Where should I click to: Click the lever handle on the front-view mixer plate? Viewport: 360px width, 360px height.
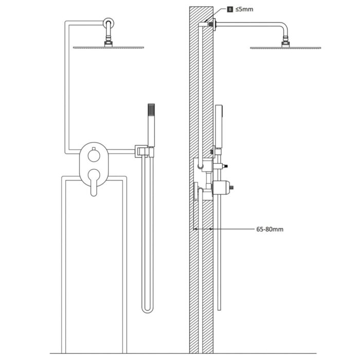(x=93, y=183)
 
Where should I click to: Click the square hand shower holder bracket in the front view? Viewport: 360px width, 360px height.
(x=144, y=151)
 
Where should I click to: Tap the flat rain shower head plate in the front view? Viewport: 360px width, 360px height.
(x=108, y=47)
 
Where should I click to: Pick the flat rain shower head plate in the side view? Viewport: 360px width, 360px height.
(x=285, y=48)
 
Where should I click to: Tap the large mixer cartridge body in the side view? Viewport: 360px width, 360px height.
(x=220, y=187)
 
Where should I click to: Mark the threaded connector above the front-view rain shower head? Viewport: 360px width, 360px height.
(x=109, y=42)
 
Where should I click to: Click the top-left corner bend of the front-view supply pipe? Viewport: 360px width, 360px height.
(x=66, y=23)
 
